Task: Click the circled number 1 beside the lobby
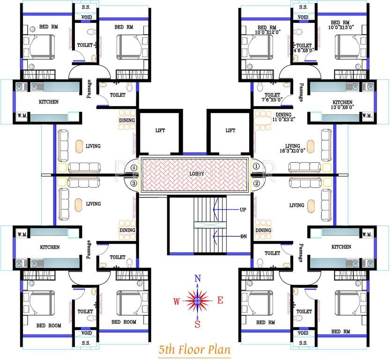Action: [x=256, y=165]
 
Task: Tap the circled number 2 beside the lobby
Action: [x=256, y=183]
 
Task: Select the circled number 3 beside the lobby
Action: [x=134, y=183]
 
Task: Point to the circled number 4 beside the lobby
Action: [x=134, y=166]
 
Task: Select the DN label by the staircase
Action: [x=243, y=236]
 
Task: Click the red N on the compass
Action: [x=198, y=278]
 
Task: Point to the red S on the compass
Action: [x=198, y=323]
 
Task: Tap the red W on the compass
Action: [x=177, y=301]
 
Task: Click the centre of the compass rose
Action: [x=198, y=300]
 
